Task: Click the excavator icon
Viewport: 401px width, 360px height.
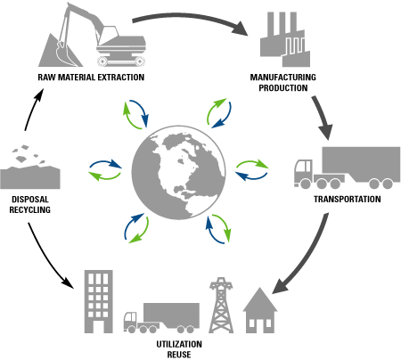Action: pos(101,38)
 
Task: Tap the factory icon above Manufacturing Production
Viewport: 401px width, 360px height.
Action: pos(284,39)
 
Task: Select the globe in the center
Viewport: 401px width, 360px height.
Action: pos(178,173)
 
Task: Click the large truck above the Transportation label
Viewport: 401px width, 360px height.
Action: pos(347,168)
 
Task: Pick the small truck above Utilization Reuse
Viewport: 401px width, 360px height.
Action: pos(161,318)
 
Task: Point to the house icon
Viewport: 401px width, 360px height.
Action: pos(260,310)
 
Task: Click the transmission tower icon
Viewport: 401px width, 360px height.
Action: pos(221,305)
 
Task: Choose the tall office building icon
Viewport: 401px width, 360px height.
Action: pos(99,301)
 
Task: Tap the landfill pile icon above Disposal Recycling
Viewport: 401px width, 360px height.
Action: pos(30,167)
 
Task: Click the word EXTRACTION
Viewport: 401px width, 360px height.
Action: pos(121,78)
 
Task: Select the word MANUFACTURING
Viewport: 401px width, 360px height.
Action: pos(282,78)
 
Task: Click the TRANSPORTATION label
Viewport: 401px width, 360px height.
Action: pos(348,199)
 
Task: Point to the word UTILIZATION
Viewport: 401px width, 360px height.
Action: pos(179,344)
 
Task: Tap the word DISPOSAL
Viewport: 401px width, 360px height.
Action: pos(30,199)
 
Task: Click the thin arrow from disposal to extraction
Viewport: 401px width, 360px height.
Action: pos(32,109)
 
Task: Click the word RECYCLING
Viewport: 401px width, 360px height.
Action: pos(30,209)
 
